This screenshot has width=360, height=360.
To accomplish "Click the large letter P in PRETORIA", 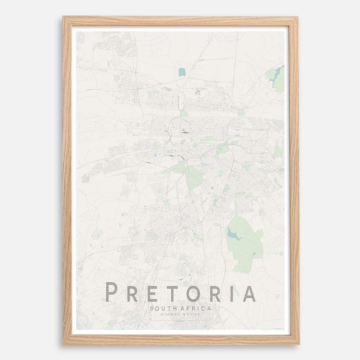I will coord(110,292).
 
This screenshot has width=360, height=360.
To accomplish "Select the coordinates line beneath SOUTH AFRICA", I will coord(180,314).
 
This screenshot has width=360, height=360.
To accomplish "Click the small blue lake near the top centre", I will coord(182,72).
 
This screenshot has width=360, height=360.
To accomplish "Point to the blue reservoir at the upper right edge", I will coord(277,76).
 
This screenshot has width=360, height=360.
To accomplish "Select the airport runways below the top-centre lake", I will coord(200,91).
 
